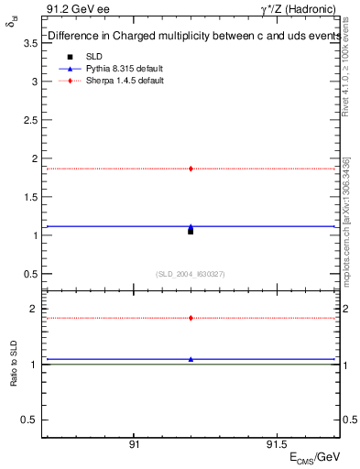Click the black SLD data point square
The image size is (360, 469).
(191, 231)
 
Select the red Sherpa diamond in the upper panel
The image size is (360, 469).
(191, 169)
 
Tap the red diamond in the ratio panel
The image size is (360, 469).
(191, 318)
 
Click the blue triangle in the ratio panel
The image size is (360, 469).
(191, 359)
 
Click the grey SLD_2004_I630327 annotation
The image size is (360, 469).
(191, 274)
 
